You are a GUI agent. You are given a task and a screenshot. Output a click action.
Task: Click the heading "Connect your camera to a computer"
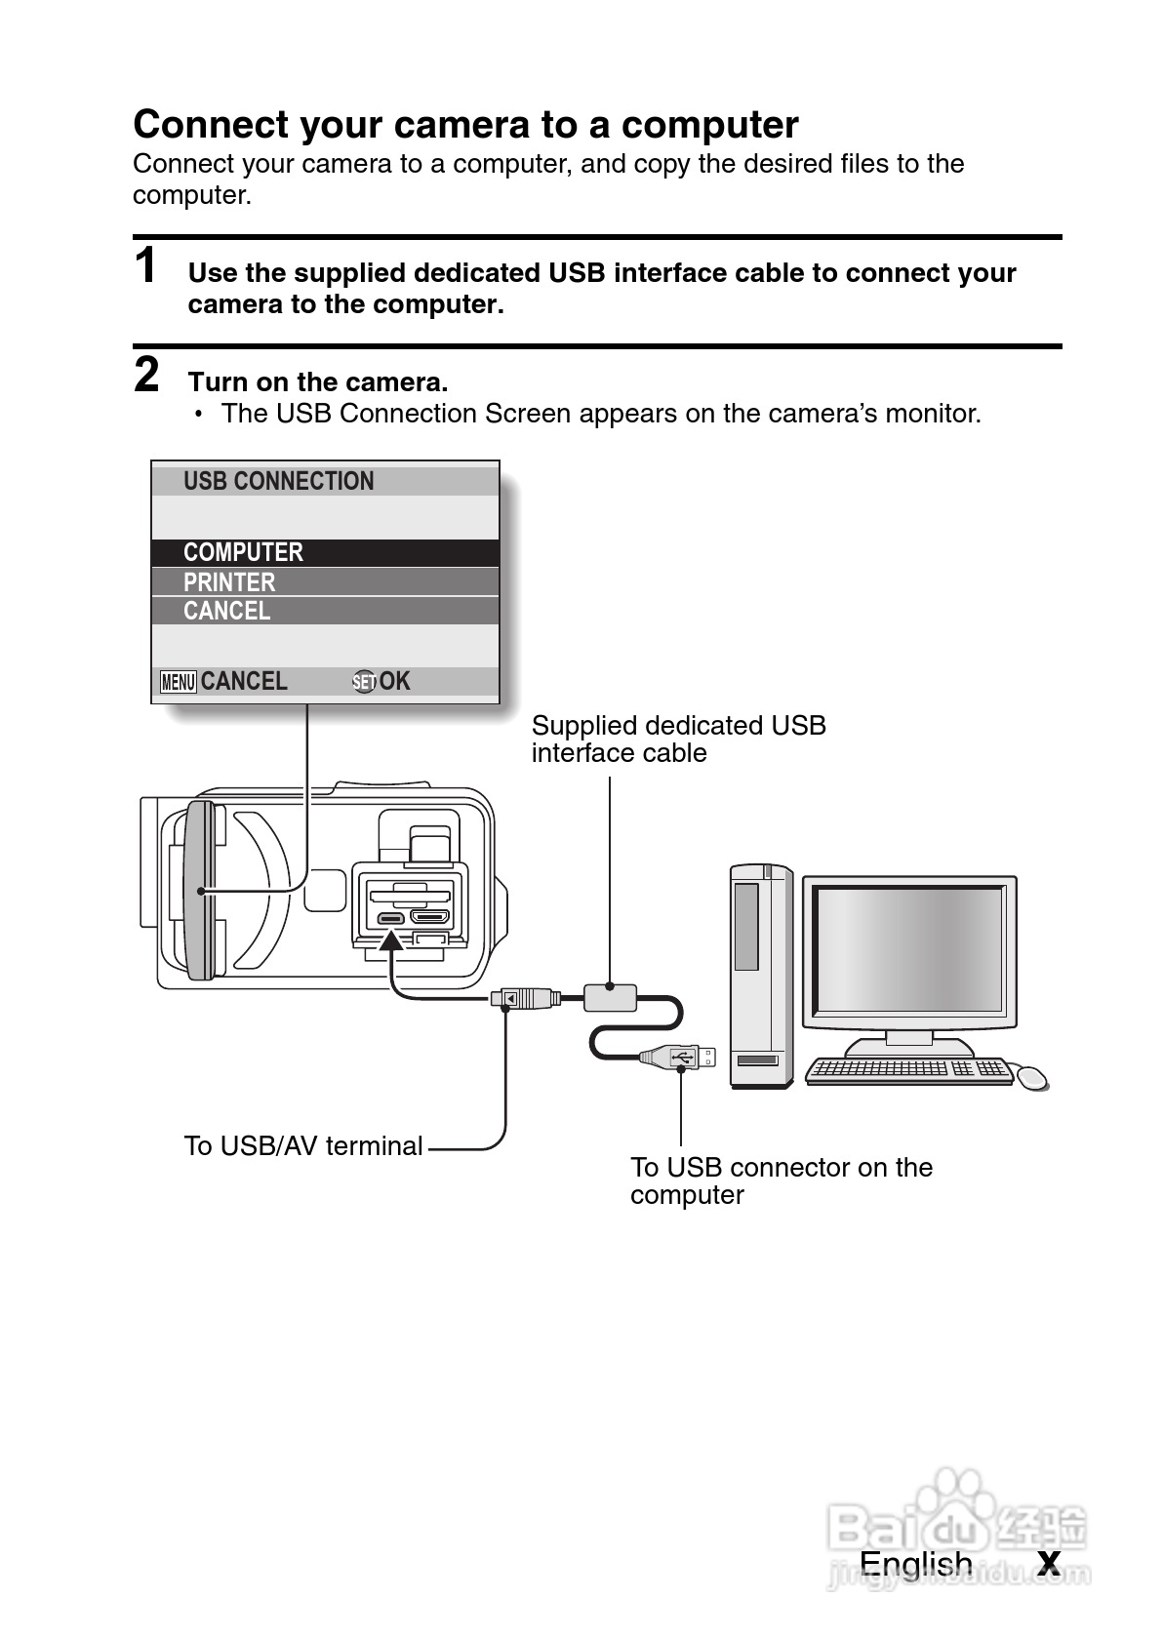point(465,125)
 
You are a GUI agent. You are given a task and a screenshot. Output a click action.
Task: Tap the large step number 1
point(145,266)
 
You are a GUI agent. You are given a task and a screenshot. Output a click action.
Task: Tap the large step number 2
point(145,376)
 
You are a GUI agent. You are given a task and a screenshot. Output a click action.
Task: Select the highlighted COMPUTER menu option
point(243,552)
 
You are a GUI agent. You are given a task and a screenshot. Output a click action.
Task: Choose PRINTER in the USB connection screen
point(229,582)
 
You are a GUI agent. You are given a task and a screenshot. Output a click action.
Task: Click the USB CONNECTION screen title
point(278,481)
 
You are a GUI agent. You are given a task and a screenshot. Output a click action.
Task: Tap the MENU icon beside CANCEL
point(179,682)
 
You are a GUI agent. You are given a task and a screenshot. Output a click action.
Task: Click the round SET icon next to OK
point(363,682)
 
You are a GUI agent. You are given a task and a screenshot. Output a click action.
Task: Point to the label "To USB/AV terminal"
point(302,1146)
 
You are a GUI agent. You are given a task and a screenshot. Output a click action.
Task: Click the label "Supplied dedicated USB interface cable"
point(678,740)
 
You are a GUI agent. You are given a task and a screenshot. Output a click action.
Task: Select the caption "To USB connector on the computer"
point(781,1180)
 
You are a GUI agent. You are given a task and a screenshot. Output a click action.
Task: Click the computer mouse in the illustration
point(1031,1077)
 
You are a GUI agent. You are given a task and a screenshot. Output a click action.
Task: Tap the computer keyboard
point(908,1069)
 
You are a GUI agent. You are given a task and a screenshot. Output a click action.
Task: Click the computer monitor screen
point(909,948)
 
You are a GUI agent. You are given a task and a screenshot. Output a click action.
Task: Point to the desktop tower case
point(760,976)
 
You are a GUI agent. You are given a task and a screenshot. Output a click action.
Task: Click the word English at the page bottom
point(915,1564)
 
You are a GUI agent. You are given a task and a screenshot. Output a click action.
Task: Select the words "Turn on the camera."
point(318,382)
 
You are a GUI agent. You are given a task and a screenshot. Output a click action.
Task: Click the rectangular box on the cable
point(610,997)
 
